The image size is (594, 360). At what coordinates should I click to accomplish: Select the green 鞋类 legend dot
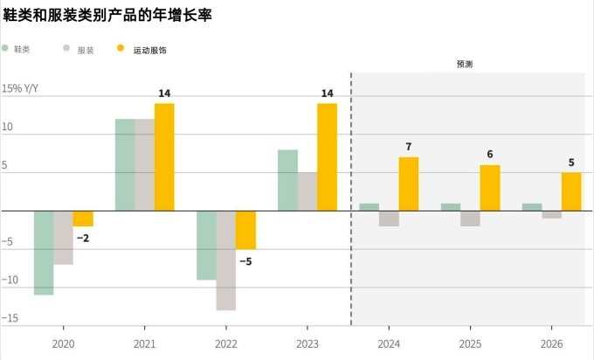pyautogui.click(x=7, y=50)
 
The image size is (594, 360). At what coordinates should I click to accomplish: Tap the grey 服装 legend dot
pyautogui.click(x=68, y=50)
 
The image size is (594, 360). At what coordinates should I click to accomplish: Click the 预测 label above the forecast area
pyautogui.click(x=465, y=65)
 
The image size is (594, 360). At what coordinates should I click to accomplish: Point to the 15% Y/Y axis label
pyautogui.click(x=20, y=88)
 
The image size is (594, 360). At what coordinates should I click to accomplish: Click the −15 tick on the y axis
pyautogui.click(x=10, y=318)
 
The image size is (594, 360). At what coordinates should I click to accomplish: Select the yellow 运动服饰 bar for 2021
pyautogui.click(x=164, y=157)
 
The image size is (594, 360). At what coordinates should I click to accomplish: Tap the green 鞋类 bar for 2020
pyautogui.click(x=44, y=253)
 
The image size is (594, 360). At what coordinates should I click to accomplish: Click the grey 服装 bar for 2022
pyautogui.click(x=225, y=260)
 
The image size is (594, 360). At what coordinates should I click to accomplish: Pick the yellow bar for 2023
pyautogui.click(x=327, y=157)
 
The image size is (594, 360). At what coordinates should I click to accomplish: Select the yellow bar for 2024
pyautogui.click(x=408, y=183)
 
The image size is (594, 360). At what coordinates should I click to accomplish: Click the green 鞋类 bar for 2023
pyautogui.click(x=287, y=180)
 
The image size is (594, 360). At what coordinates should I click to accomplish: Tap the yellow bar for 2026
pyautogui.click(x=571, y=191)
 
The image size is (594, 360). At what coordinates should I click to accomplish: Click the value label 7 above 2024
pyautogui.click(x=408, y=145)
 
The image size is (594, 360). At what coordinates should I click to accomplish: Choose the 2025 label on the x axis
pyautogui.click(x=470, y=344)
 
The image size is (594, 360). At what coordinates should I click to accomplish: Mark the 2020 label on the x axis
pyautogui.click(x=64, y=344)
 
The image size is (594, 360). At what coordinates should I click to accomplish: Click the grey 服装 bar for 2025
pyautogui.click(x=470, y=218)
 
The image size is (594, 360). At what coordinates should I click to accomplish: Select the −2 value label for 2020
pyautogui.click(x=83, y=238)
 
